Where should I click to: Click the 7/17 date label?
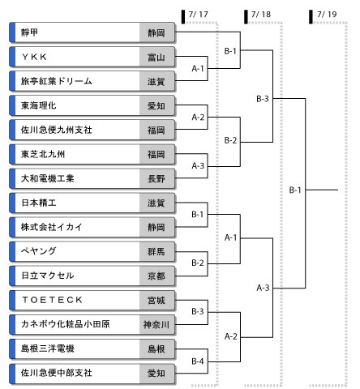pyautogui.click(x=199, y=15)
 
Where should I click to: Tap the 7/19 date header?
pyautogui.click(x=327, y=15)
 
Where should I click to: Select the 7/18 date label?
pyautogui.click(x=261, y=15)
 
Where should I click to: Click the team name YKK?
pyautogui.click(x=35, y=57)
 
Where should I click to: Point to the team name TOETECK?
pyautogui.click(x=52, y=300)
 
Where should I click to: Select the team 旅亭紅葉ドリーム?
pyautogui.click(x=57, y=81)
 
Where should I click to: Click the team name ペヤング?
pyautogui.click(x=39, y=251)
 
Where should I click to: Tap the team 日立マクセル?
pyautogui.click(x=48, y=276)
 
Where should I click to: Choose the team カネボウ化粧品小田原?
pyautogui.click(x=66, y=324)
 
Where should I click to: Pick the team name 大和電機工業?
pyautogui.click(x=48, y=178)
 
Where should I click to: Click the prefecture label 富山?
pyautogui.click(x=156, y=58)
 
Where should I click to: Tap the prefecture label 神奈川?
pyautogui.click(x=156, y=325)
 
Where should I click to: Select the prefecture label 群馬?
pyautogui.click(x=156, y=252)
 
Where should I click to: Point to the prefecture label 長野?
pyautogui.click(x=156, y=179)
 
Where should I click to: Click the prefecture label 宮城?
pyautogui.click(x=156, y=301)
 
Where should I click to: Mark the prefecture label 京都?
pyautogui.click(x=156, y=276)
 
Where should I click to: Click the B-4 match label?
pyautogui.click(x=198, y=361)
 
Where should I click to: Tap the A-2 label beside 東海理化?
pyautogui.click(x=198, y=117)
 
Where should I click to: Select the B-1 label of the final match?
pyautogui.click(x=295, y=190)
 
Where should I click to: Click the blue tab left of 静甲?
pyautogui.click(x=12, y=32)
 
